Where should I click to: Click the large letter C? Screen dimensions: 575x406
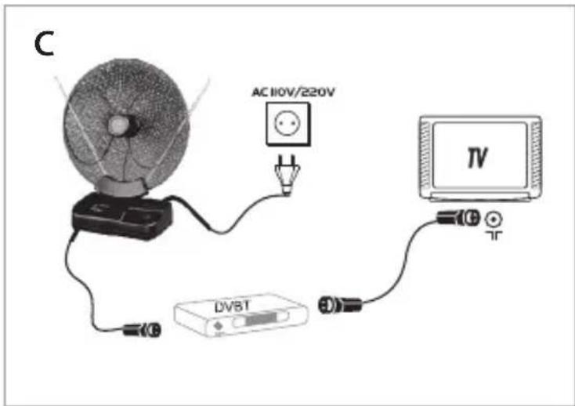(44, 44)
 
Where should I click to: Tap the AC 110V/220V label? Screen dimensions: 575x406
(293, 92)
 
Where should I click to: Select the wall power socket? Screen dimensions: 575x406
(287, 125)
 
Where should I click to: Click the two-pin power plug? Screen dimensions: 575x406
(287, 175)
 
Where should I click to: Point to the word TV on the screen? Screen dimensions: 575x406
(477, 158)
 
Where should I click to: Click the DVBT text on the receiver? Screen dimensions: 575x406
(232, 306)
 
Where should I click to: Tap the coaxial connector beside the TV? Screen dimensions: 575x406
(458, 218)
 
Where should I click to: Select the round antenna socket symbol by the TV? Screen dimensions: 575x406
(494, 219)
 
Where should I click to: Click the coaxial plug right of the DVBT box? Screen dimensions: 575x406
(340, 305)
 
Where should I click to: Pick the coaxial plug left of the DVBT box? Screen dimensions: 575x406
(142, 330)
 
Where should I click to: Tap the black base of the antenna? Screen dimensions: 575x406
(122, 216)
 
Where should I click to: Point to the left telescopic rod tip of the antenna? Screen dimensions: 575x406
(55, 77)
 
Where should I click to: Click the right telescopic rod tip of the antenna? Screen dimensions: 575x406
(208, 78)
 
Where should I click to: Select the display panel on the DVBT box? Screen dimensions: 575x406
(260, 319)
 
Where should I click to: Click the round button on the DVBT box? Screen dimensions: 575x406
(219, 326)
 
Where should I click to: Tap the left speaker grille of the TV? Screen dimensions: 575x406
(425, 154)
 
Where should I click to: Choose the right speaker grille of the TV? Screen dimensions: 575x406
(535, 154)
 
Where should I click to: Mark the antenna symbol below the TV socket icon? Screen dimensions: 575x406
(494, 235)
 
